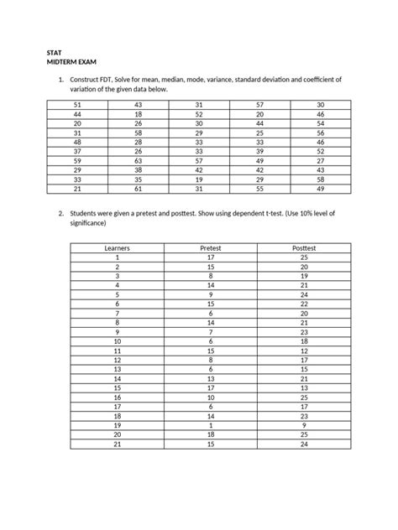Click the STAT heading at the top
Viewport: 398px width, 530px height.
click(x=54, y=52)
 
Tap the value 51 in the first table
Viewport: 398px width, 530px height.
click(x=78, y=104)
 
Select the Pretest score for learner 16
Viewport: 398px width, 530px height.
click(x=210, y=397)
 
